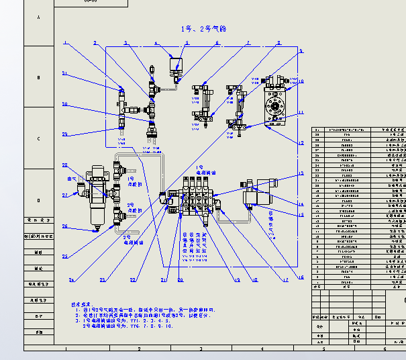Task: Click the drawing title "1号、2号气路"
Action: pos(204,29)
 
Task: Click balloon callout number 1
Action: pos(65,42)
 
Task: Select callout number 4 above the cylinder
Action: pos(156,44)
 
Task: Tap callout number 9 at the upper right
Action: pos(301,50)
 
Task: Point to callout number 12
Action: pos(301,143)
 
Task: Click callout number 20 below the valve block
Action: pos(180,279)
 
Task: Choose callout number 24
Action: pos(72,280)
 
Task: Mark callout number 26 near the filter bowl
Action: pos(65,226)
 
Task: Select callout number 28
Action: pos(65,165)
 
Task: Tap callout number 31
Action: pos(65,73)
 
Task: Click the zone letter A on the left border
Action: pos(38,16)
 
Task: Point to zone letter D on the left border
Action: pos(38,199)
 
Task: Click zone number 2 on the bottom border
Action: pos(139,349)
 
